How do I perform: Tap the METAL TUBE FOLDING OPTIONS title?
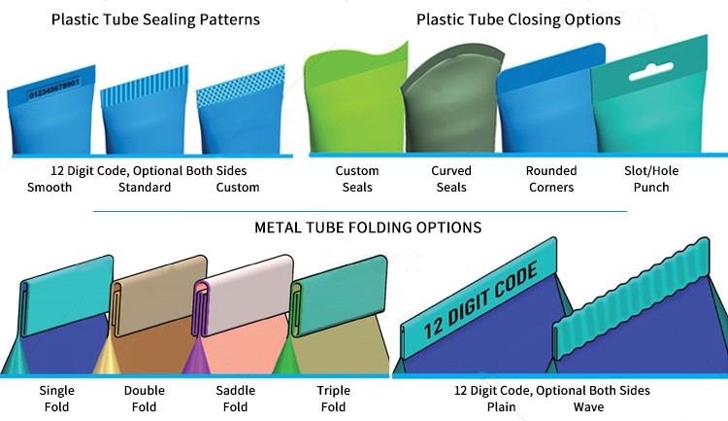click(367, 228)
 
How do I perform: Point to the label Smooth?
click(50, 188)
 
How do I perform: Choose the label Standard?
click(145, 188)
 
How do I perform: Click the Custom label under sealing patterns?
click(238, 188)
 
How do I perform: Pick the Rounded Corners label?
click(551, 179)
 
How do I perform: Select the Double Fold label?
click(145, 399)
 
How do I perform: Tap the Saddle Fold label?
click(235, 399)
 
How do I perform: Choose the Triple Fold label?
click(333, 399)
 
